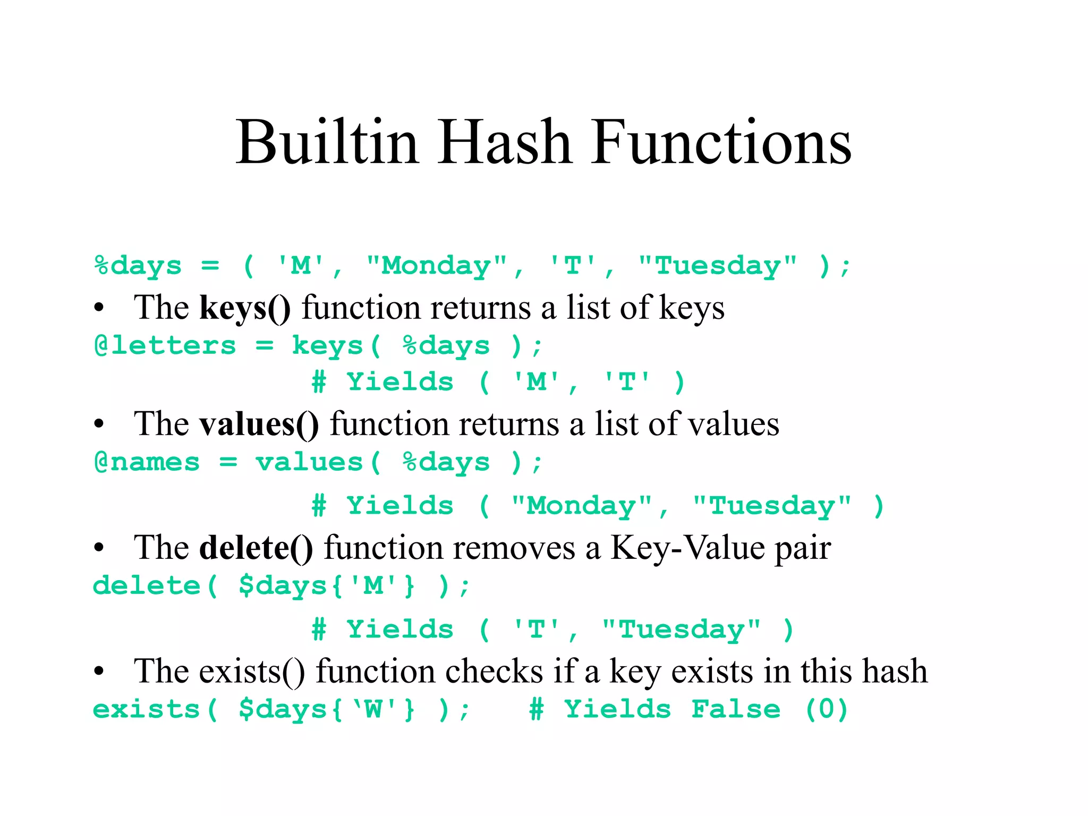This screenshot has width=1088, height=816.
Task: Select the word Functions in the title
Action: point(721,142)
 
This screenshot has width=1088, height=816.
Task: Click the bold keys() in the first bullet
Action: point(245,308)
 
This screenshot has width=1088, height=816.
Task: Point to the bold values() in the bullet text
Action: point(259,424)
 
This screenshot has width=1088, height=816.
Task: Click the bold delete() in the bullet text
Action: point(256,548)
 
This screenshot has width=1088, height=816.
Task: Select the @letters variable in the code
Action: point(165,346)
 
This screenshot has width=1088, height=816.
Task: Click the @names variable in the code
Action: point(147,462)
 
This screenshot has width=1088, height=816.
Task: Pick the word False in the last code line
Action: point(736,710)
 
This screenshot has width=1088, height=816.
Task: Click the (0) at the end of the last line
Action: point(826,710)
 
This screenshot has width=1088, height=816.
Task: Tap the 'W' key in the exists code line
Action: point(373,710)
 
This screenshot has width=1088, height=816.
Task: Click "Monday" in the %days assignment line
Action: point(437,266)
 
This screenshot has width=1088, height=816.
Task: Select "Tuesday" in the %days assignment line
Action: point(717,266)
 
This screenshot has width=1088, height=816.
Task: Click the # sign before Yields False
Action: point(537,710)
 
